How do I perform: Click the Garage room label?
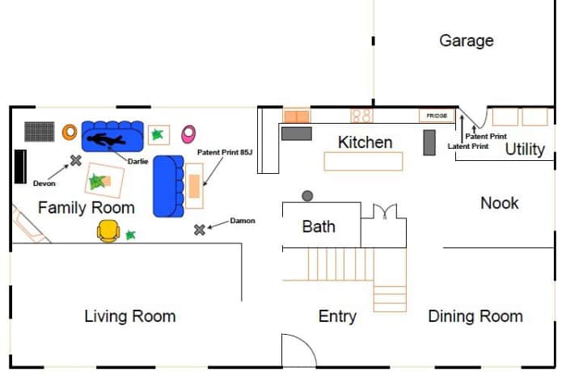tap(466, 40)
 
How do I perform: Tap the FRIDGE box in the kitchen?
tap(437, 116)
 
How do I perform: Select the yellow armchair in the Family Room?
tap(108, 232)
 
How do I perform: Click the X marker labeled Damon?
tap(200, 230)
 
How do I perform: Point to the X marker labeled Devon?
tap(76, 160)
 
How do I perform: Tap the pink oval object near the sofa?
tap(188, 133)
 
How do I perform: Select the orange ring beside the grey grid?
tap(70, 130)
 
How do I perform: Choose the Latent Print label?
tap(468, 146)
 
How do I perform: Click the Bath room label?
tap(319, 226)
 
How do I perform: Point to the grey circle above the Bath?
tap(307, 196)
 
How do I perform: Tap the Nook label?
tap(500, 203)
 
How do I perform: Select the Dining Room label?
tap(475, 316)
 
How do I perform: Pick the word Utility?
tap(525, 150)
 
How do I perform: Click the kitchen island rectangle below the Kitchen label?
tap(363, 161)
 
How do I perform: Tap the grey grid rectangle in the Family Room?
tap(38, 131)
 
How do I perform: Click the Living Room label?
tap(130, 316)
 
